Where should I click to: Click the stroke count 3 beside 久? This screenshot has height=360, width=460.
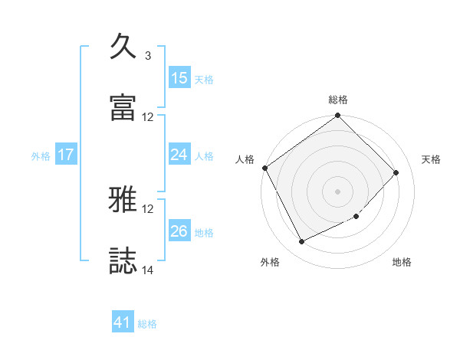pyautogui.click(x=147, y=55)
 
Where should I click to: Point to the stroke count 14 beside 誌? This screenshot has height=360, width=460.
pyautogui.click(x=148, y=270)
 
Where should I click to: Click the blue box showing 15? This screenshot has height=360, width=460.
pyautogui.click(x=179, y=78)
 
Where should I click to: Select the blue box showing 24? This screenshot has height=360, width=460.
pyautogui.click(x=179, y=155)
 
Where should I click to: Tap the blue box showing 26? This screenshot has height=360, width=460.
pyautogui.click(x=179, y=231)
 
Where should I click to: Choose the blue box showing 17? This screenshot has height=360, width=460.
pyautogui.click(x=66, y=155)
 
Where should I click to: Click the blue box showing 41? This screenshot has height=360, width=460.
pyautogui.click(x=123, y=323)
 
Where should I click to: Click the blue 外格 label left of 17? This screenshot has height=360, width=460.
pyautogui.click(x=41, y=155)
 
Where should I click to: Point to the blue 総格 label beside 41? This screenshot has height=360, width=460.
pyautogui.click(x=147, y=324)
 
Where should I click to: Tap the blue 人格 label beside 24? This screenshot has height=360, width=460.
pyautogui.click(x=204, y=155)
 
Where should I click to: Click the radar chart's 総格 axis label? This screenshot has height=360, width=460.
pyautogui.click(x=338, y=100)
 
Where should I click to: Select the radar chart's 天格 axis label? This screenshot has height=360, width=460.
pyautogui.click(x=432, y=159)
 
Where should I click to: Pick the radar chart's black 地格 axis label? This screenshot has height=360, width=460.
pyautogui.click(x=402, y=262)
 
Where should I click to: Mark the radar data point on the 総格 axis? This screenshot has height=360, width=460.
pyautogui.click(x=338, y=116)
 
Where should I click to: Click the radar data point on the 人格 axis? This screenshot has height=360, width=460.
pyautogui.click(x=264, y=168)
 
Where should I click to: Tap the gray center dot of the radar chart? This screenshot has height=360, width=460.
pyautogui.click(x=338, y=191)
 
